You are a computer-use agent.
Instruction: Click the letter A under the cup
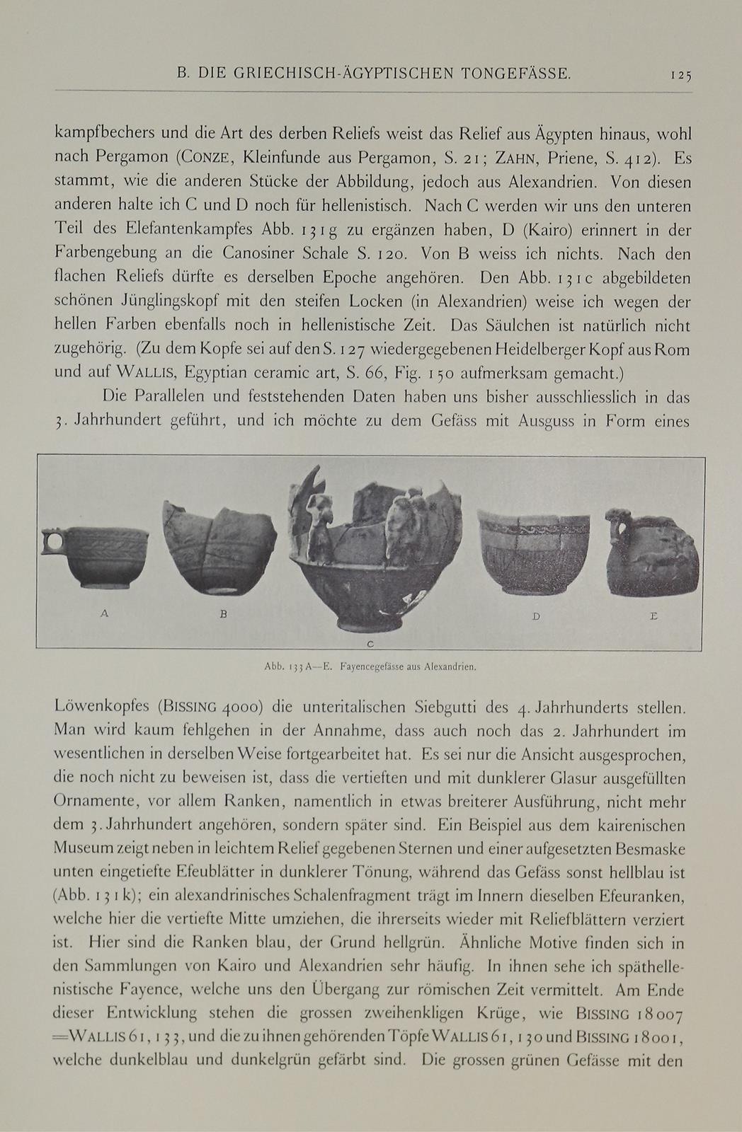[x=105, y=614]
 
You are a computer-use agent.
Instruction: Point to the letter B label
[x=223, y=614]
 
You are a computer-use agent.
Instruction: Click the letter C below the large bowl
[x=370, y=643]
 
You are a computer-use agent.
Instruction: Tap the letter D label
[x=536, y=616]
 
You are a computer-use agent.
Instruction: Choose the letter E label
[x=653, y=616]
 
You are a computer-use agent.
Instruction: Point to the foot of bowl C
[x=370, y=624]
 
